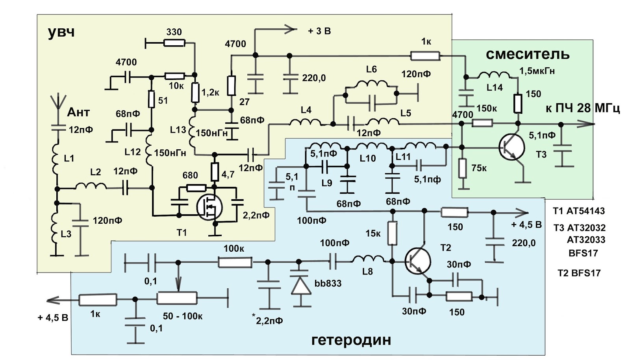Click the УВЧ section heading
pyautogui.click(x=61, y=32)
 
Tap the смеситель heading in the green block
pyautogui.click(x=527, y=54)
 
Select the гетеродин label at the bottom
pyautogui.click(x=351, y=340)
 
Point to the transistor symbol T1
pyautogui.click(x=209, y=206)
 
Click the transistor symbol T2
pyautogui.click(x=418, y=261)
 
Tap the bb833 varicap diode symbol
pyautogui.click(x=300, y=286)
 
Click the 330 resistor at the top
pyautogui.click(x=174, y=43)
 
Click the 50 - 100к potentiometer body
pyautogui.click(x=177, y=298)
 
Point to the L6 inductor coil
pyautogui.click(x=372, y=84)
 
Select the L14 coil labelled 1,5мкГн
pyautogui.click(x=493, y=75)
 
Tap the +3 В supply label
pyautogui.click(x=319, y=31)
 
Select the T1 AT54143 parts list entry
pyautogui.click(x=578, y=211)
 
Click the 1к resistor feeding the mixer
pyautogui.click(x=425, y=56)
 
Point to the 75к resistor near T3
pyautogui.click(x=463, y=169)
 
